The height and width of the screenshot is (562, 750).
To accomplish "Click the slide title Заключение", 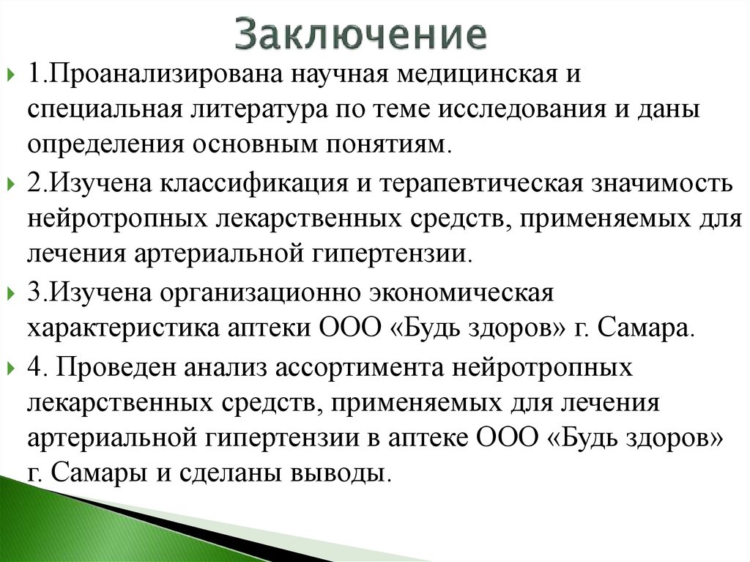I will point(362,34).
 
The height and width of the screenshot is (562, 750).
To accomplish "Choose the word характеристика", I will point(124,328).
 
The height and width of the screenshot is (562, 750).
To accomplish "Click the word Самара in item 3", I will point(643,328).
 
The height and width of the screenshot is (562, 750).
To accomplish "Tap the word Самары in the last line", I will point(94,472).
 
